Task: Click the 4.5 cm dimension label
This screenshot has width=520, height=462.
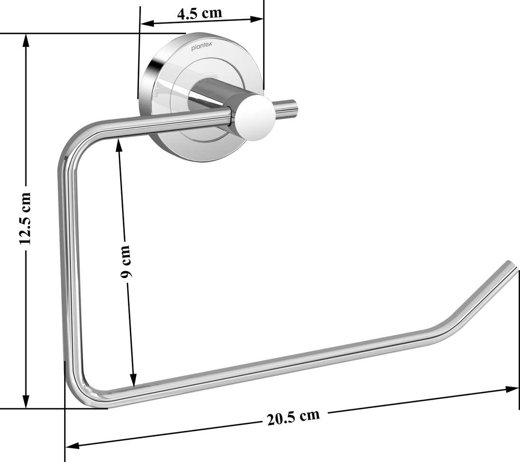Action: click(x=199, y=13)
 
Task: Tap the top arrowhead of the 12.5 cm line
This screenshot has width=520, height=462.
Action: click(x=27, y=41)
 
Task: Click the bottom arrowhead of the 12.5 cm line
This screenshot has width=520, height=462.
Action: click(x=27, y=401)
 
